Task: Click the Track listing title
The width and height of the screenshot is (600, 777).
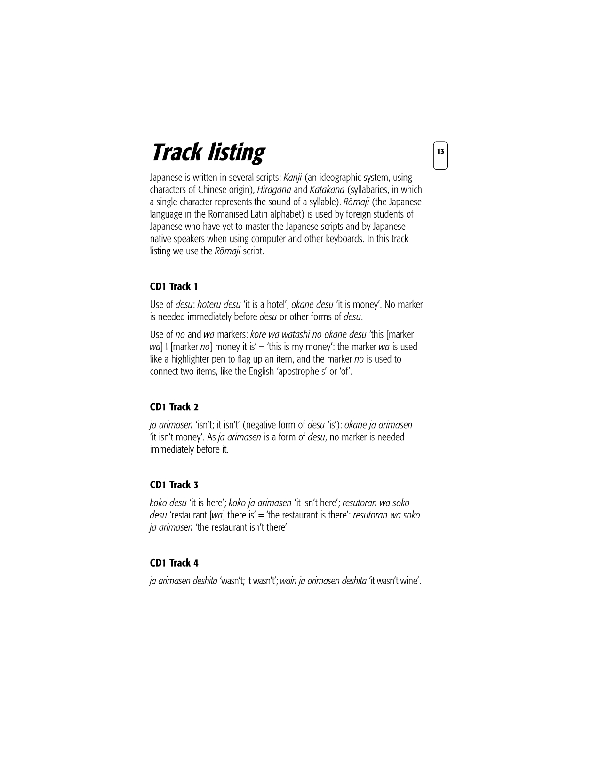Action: [207, 153]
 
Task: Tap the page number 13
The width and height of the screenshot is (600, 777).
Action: [440, 152]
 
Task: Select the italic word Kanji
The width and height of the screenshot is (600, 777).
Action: [292, 178]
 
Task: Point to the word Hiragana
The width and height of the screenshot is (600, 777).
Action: [274, 190]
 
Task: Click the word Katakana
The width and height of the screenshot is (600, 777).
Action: [327, 190]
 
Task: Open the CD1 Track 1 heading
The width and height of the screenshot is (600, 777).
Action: [174, 286]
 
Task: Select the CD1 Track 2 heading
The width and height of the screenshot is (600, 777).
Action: [174, 407]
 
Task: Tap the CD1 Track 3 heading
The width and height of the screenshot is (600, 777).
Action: [174, 485]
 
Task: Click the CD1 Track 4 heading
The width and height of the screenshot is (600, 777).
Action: [174, 563]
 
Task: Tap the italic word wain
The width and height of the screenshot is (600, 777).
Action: [288, 581]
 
